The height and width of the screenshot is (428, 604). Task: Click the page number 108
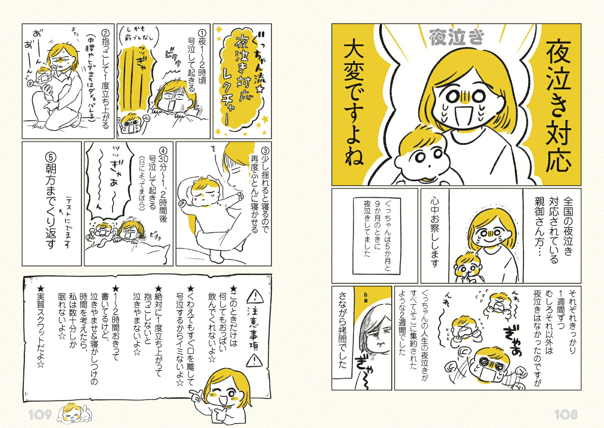(565, 415)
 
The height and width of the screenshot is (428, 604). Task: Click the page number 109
(40, 415)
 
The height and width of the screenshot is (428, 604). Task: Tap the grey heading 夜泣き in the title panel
(456, 39)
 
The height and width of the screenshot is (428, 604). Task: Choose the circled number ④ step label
(163, 151)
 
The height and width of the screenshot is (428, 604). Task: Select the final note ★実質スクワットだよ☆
(40, 327)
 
